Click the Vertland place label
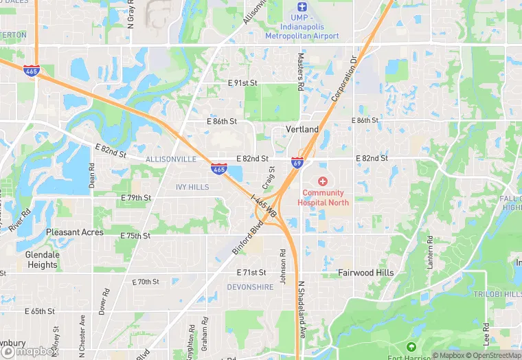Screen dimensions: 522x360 (x=302, y=129)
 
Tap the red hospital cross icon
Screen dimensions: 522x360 (x=323, y=181)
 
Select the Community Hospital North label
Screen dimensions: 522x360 (x=323, y=198)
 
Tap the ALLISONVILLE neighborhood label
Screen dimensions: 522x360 (x=170, y=159)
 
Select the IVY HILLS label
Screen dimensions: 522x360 (x=192, y=187)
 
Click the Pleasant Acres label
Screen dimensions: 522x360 (x=75, y=232)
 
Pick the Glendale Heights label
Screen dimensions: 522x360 (x=42, y=260)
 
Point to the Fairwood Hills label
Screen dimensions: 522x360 (x=366, y=273)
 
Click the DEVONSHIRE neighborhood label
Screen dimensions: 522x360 (x=250, y=287)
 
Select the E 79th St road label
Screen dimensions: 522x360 (x=135, y=198)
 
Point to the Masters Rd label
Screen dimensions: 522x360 (x=300, y=74)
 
